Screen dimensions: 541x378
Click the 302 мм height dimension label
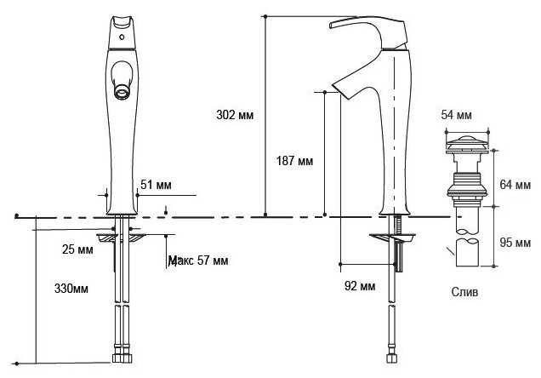coord(235,115)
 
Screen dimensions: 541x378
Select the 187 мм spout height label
coord(294,161)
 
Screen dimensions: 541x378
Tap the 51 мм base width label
coord(156,185)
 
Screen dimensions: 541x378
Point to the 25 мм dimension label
coord(77,249)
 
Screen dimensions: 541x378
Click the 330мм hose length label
coord(71,289)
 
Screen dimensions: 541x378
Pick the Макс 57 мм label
coord(198,261)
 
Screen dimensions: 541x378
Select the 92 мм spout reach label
coord(360,286)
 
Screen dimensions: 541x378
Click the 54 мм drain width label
coord(456,115)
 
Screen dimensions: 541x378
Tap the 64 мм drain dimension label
coord(515,185)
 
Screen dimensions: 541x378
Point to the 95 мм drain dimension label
coord(515,243)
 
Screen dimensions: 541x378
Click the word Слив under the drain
coord(464,292)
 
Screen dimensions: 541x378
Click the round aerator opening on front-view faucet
coord(122,92)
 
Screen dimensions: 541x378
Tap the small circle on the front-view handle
coord(122,37)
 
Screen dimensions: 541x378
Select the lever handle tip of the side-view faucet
coord(332,26)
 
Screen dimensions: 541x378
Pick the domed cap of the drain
coord(467,140)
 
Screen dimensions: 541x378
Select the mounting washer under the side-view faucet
coord(392,238)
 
